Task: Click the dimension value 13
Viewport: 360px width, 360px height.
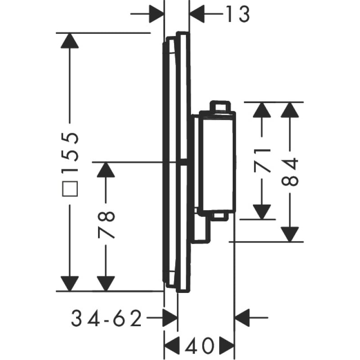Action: (238, 14)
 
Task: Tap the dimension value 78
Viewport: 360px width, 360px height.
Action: (106, 225)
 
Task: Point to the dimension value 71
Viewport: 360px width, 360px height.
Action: (262, 161)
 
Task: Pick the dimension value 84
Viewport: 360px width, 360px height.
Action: (290, 172)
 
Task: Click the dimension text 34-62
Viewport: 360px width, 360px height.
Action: (106, 318)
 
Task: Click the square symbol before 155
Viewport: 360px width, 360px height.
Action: (70, 189)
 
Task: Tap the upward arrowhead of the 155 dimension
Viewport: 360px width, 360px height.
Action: (70, 40)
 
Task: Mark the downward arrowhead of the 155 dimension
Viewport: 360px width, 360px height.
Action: (70, 283)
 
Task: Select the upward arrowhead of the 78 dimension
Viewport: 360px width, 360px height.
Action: (106, 170)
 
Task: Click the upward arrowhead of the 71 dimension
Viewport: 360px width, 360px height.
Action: (262, 110)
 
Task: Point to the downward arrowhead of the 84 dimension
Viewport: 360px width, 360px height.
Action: (290, 234)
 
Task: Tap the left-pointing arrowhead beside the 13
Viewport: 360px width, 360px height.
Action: (197, 14)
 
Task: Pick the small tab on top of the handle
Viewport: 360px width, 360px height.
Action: (220, 106)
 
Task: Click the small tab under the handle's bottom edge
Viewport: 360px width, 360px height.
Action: (220, 216)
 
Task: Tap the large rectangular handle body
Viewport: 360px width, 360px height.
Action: (217, 162)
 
